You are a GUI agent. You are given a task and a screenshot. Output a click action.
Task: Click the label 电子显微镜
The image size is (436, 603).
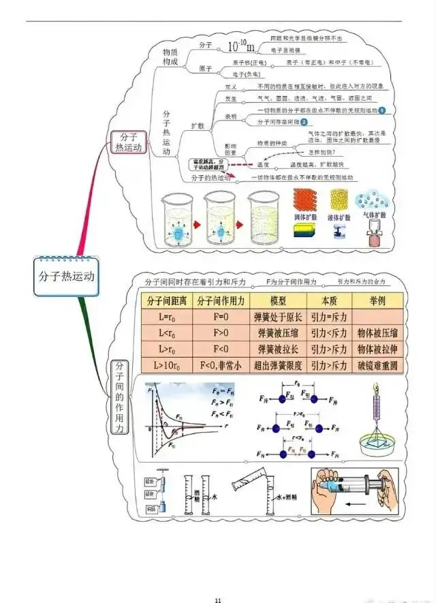point(290,50)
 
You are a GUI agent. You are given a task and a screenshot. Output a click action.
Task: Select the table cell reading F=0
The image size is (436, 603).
point(221,317)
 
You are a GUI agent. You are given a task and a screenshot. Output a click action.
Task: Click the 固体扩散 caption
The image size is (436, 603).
point(305,216)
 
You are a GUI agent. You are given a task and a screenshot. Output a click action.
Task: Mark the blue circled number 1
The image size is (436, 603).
point(382,110)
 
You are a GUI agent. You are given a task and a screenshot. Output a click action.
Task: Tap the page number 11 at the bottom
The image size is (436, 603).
point(218,600)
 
